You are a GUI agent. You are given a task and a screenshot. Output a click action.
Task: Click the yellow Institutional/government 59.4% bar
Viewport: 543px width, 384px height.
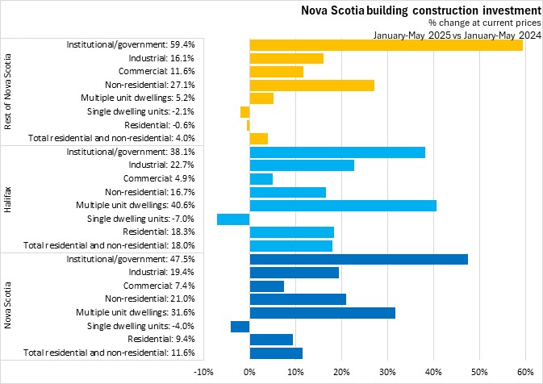pyautogui.click(x=386, y=44)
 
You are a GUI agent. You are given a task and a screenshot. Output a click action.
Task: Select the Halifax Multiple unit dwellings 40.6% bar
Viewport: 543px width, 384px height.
pyautogui.click(x=343, y=205)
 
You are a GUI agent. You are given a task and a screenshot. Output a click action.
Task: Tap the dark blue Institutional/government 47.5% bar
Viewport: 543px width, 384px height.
pyautogui.click(x=358, y=259)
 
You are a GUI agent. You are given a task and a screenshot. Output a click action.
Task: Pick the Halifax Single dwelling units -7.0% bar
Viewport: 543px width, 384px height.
pyautogui.click(x=233, y=219)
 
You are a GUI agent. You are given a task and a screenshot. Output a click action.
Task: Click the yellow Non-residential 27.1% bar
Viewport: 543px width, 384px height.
pyautogui.click(x=312, y=85)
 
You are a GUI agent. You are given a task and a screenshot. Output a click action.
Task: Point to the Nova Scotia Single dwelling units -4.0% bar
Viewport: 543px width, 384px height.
pyautogui.click(x=240, y=326)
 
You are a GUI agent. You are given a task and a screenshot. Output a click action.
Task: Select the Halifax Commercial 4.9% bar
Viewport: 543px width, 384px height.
pyautogui.click(x=261, y=178)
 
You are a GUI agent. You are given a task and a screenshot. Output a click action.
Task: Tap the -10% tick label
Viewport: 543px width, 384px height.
pyautogui.click(x=203, y=371)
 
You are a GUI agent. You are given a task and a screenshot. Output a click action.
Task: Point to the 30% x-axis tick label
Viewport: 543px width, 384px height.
pyautogui.click(x=387, y=371)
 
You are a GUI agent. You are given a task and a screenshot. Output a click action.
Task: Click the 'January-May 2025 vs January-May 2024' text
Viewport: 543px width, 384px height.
pyautogui.click(x=456, y=35)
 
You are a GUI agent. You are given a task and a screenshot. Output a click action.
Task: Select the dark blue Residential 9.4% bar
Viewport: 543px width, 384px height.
pyautogui.click(x=271, y=340)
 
